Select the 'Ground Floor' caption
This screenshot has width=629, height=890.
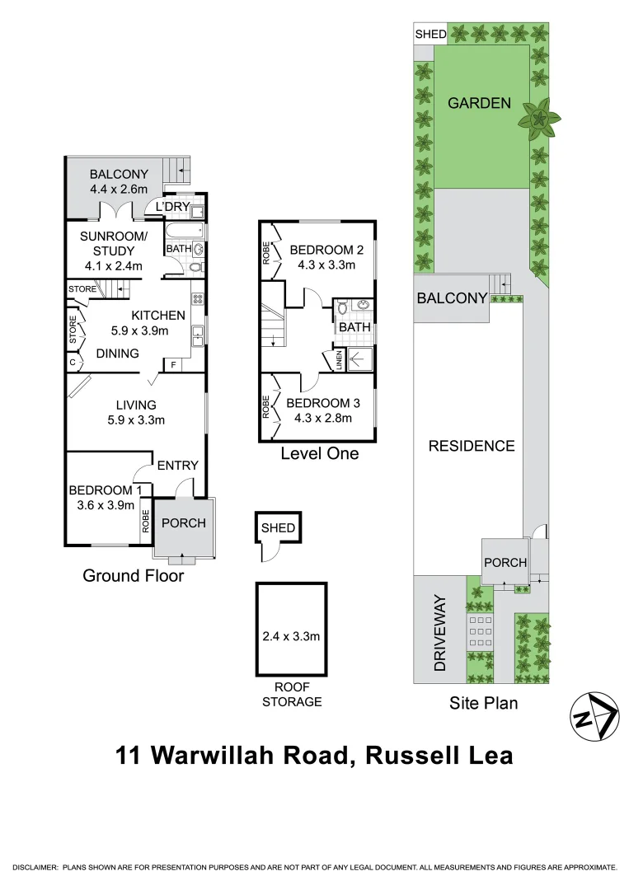(x=133, y=576)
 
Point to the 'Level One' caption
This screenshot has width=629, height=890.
(x=319, y=453)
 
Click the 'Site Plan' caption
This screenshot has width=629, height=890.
(x=483, y=703)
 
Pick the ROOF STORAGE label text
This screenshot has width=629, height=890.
(x=291, y=696)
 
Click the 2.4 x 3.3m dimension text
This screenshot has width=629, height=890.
(x=291, y=636)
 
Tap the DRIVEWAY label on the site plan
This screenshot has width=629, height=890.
(x=439, y=632)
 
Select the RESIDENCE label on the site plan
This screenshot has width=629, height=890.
(x=471, y=446)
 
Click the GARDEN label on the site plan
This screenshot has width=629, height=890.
(x=479, y=104)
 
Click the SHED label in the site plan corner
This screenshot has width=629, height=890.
(x=430, y=34)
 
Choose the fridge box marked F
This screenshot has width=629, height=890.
(x=174, y=363)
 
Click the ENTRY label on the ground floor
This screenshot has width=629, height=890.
(x=177, y=466)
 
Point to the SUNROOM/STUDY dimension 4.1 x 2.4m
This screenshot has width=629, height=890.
(x=113, y=265)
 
